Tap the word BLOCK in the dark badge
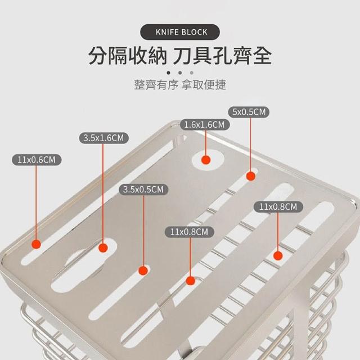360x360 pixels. [x=195, y=32]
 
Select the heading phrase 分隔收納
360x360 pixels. [x=128, y=56]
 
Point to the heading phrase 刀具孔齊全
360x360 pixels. [x=222, y=56]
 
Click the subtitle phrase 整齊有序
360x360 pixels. [x=156, y=84]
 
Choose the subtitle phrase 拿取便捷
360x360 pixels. [x=204, y=84]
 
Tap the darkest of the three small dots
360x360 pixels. [x=169, y=73]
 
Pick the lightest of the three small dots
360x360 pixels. [x=191, y=73]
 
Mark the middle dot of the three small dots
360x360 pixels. [x=180, y=73]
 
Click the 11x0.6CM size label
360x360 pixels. [x=37, y=160]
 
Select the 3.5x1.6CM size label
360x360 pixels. [x=103, y=138]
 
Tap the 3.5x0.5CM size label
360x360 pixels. [x=143, y=190]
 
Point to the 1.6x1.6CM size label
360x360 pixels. [x=205, y=125]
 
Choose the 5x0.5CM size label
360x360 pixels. [x=249, y=112]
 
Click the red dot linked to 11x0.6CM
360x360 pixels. [x=36, y=244]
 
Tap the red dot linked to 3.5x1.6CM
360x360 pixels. [x=103, y=247]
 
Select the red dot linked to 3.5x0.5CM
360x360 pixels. [x=143, y=271]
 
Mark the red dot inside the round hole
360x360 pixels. [x=206, y=160]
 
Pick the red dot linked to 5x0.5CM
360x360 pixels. [x=251, y=176]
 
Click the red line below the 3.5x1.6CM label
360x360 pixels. [x=103, y=193]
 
